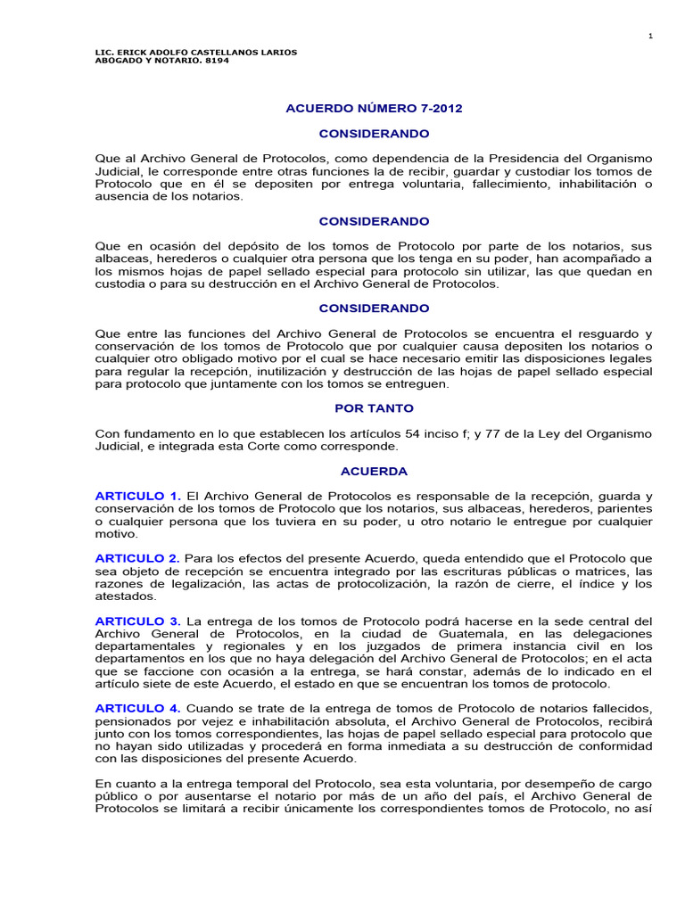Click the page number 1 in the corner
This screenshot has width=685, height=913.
pyautogui.click(x=651, y=36)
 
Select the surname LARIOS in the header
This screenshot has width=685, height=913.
pyautogui.click(x=277, y=52)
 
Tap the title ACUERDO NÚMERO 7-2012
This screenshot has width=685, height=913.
pyautogui.click(x=374, y=109)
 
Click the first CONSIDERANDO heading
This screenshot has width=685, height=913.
pyautogui.click(x=374, y=134)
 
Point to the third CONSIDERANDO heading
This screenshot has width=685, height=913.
pyautogui.click(x=374, y=308)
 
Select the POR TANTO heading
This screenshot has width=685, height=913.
pyautogui.click(x=374, y=407)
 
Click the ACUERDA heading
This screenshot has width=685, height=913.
pyautogui.click(x=374, y=470)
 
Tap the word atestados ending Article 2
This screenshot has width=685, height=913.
pyautogui.click(x=126, y=596)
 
